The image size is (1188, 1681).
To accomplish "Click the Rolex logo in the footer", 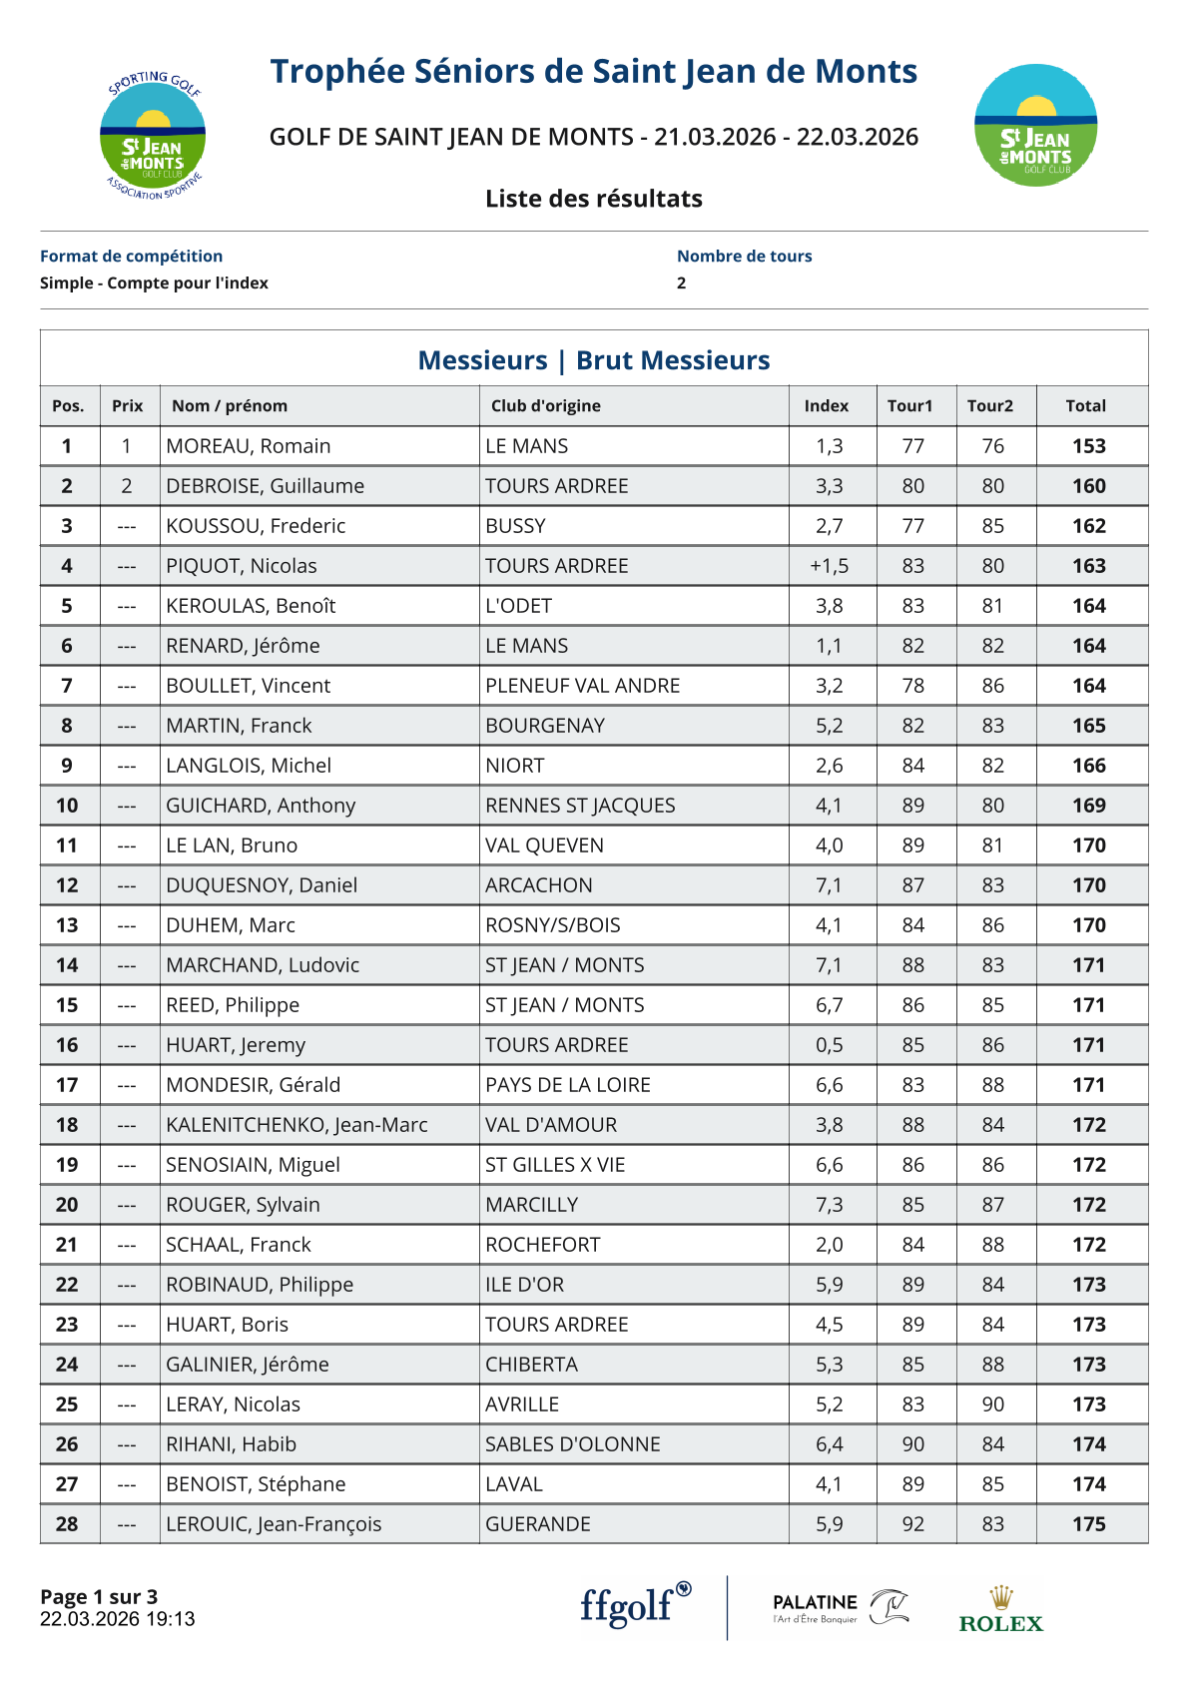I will (x=1000, y=1609).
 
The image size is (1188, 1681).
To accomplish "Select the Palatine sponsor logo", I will (x=840, y=1607).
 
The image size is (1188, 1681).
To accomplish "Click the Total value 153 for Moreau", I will (x=1088, y=446).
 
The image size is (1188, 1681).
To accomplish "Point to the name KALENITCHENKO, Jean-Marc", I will (x=297, y=1125).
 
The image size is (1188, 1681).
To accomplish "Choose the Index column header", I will (x=826, y=406).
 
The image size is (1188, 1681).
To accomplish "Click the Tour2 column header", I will (x=989, y=406).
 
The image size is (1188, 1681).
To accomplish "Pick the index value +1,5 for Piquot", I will (x=829, y=566).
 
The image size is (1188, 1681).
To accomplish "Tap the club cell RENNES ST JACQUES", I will (x=580, y=806).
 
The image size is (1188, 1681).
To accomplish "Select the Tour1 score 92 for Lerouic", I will (x=912, y=1524).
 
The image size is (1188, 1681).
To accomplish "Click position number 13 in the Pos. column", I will (x=67, y=925).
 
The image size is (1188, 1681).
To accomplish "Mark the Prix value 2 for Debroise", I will (x=127, y=486).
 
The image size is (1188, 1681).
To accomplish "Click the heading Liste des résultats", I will (x=594, y=199).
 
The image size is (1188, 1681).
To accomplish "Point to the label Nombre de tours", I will (x=744, y=257).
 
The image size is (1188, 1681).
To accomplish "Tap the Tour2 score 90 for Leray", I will (x=992, y=1404).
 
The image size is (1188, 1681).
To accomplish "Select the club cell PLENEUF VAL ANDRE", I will (x=582, y=686).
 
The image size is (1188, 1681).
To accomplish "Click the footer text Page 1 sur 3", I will (x=99, y=1597).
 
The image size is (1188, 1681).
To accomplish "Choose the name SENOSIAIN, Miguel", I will (x=253, y=1165).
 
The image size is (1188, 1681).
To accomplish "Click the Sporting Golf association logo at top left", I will (x=153, y=136).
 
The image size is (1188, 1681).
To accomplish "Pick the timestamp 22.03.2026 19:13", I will (x=117, y=1619).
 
